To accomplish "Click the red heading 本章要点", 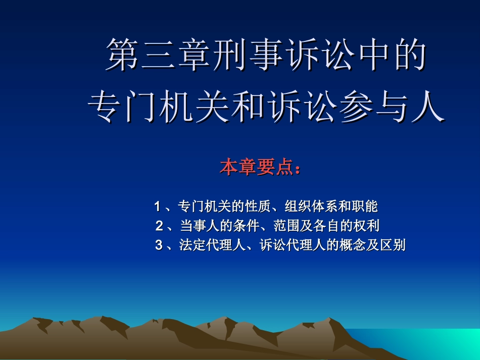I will (256, 168).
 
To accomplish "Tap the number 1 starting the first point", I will (158, 207).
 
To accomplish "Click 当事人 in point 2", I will (198, 226).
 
